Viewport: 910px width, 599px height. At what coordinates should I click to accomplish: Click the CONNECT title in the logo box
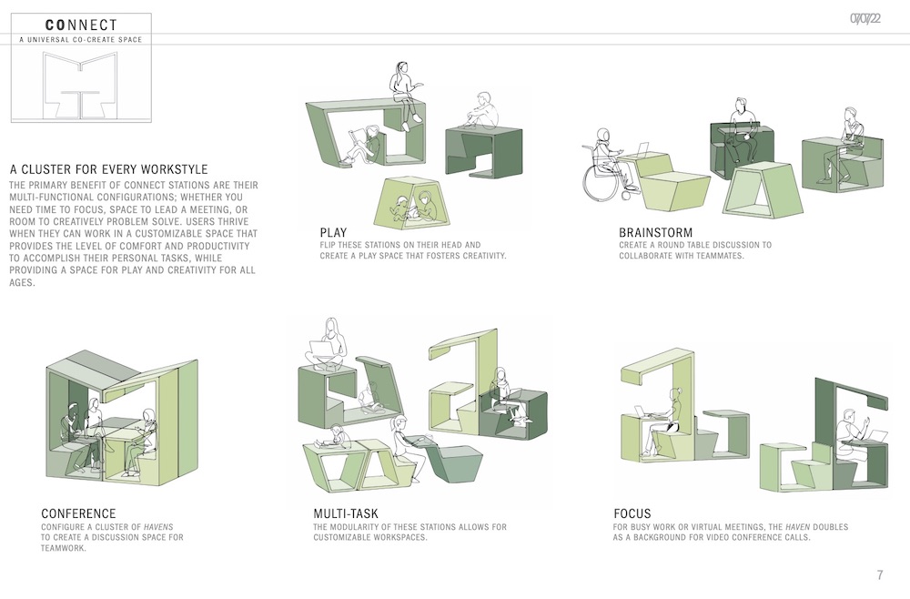tap(81, 25)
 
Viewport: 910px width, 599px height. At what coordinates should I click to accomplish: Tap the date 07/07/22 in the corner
tap(865, 18)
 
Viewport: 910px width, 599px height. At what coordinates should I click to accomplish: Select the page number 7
tap(880, 574)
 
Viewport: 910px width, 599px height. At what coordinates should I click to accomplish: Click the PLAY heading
tap(333, 233)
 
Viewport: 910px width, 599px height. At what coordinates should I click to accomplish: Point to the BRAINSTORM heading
tap(655, 233)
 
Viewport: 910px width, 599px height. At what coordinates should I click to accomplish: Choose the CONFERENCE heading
tap(78, 513)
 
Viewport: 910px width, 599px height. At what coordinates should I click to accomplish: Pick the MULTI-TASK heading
tap(345, 513)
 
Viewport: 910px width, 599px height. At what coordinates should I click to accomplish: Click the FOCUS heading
tap(632, 513)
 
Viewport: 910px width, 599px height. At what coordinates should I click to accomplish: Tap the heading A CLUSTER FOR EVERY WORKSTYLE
tap(108, 169)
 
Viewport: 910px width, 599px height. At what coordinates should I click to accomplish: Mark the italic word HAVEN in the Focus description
tap(797, 527)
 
